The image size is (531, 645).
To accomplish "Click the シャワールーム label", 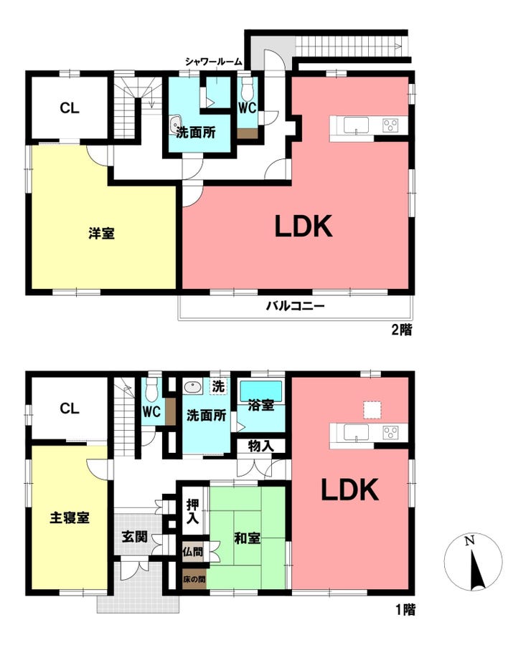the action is coord(213,62).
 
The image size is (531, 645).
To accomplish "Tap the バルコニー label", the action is coord(296,306).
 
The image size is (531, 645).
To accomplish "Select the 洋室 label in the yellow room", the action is coord(101,233).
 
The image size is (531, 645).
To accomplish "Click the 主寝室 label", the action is coord(70,517).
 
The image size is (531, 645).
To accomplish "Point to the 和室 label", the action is coord(247,537).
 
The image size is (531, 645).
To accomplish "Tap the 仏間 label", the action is coord(193,551).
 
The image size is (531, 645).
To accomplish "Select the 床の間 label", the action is coord(194,579).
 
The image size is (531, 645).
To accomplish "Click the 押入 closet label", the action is coord(192,511).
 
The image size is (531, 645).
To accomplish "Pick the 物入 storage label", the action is coord(260,446).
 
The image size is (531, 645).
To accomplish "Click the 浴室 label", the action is coord(261,405).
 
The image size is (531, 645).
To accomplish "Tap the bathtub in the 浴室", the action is coord(261,390).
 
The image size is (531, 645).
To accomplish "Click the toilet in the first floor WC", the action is coord(151,390).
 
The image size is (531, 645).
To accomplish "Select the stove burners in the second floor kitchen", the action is coord(390,125).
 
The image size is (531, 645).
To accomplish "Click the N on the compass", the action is coord(469,540).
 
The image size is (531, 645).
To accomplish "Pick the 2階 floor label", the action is coord(401,330).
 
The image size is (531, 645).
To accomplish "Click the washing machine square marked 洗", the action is coord(218,387).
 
